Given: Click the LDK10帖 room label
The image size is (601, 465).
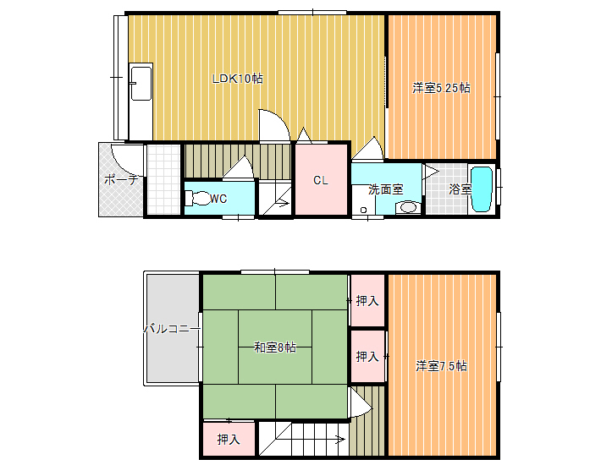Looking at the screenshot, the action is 238,79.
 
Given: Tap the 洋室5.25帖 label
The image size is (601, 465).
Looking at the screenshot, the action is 441,88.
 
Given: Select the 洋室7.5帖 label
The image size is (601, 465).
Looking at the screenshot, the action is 441,366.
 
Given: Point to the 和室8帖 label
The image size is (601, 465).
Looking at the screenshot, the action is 275,347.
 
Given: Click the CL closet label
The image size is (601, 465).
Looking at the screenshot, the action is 321,180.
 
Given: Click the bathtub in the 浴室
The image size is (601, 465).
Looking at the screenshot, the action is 482,189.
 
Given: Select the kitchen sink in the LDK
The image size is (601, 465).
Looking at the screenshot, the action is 141,83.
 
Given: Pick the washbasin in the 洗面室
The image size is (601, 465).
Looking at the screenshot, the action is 408,207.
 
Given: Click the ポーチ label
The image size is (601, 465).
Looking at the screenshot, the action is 121,179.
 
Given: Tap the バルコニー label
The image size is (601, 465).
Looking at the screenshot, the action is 172,329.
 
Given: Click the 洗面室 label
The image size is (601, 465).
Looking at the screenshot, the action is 386,189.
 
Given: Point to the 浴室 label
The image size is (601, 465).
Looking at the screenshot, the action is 460,189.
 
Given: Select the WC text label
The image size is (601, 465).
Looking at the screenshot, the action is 218,199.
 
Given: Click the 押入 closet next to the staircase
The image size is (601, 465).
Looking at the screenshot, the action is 229,439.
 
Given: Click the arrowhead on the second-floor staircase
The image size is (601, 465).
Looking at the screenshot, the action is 341,440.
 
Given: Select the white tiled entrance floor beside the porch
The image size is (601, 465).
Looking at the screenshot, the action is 163,179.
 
